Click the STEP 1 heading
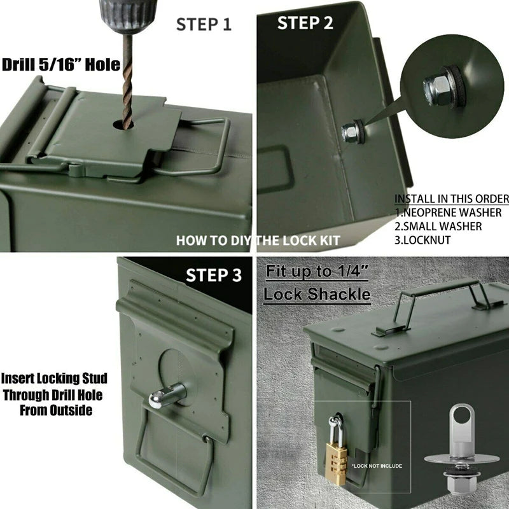pyautogui.click(x=204, y=24)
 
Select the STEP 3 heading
pyautogui.click(x=214, y=275)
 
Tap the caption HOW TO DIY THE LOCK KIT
pyautogui.click(x=258, y=241)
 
